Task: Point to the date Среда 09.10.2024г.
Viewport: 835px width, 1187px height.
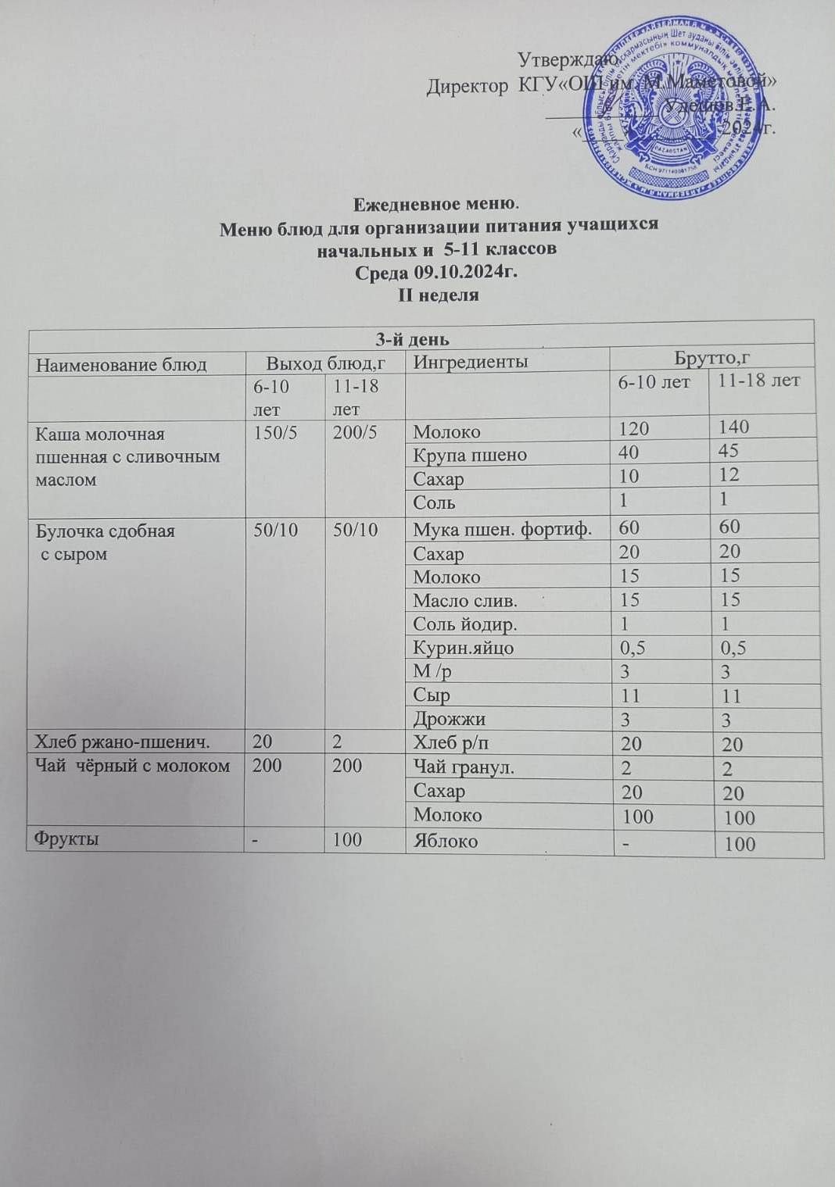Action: pos(437,274)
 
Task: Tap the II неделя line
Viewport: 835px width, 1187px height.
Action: pos(438,296)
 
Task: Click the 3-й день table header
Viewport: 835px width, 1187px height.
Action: pos(421,338)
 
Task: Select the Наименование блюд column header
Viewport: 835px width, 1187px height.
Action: pos(122,364)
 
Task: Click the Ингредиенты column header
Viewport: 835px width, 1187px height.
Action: pos(471,362)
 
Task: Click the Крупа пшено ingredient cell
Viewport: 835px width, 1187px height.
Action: pos(470,455)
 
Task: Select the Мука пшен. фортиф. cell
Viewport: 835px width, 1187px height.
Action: pos(501,529)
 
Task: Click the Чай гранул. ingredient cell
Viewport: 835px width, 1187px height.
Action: pos(464,767)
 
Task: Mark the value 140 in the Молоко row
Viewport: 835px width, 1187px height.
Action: pos(736,427)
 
